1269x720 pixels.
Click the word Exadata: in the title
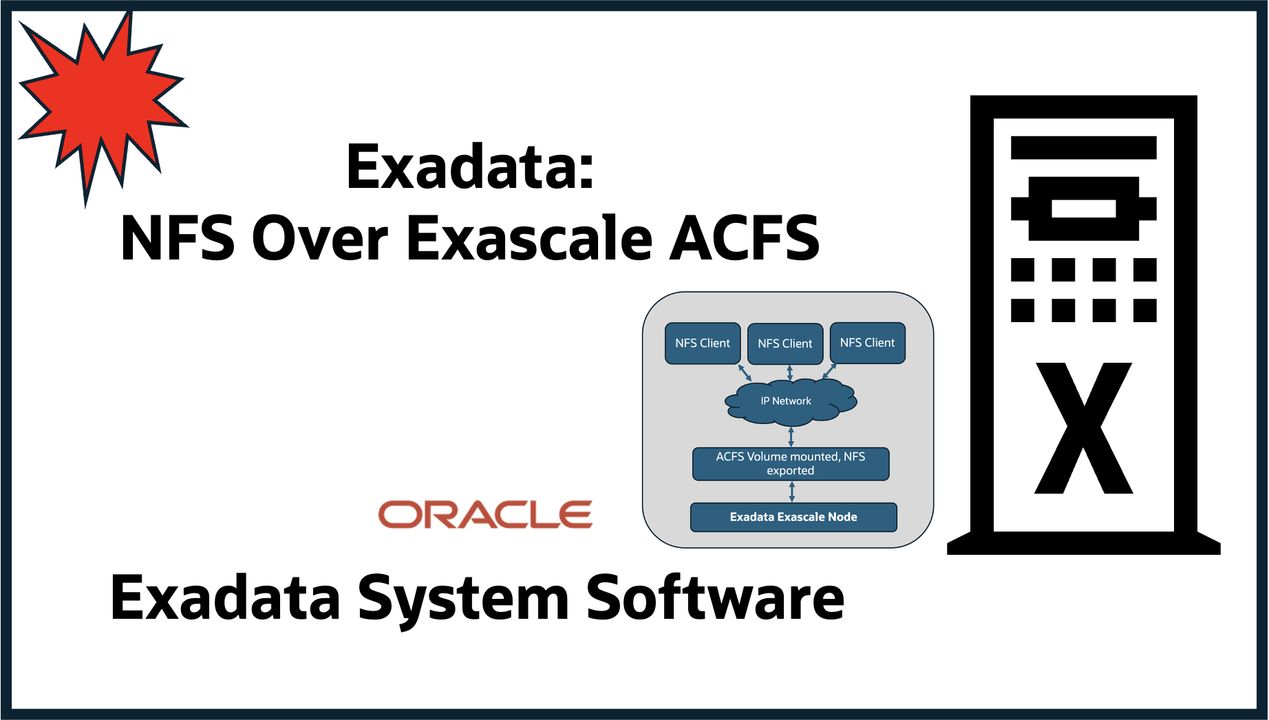coord(470,167)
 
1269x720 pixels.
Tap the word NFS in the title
coord(178,238)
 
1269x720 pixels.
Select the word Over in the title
coord(321,238)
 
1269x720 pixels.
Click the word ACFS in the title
coord(745,238)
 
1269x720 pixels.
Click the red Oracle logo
coord(485,515)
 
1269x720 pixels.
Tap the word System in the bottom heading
coord(463,597)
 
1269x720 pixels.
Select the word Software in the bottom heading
coord(715,597)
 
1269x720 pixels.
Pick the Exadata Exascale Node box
coord(793,517)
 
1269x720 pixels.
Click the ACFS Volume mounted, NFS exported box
coord(791,463)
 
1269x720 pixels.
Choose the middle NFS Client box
coord(785,343)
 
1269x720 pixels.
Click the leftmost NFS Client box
coord(703,343)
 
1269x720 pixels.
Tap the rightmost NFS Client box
coord(867,343)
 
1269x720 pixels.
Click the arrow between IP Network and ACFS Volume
coord(791,436)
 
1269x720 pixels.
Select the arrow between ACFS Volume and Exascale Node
coord(792,491)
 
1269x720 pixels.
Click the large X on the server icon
coord(1083,428)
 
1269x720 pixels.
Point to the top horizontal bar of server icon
coord(1083,147)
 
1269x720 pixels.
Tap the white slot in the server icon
coord(1083,208)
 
